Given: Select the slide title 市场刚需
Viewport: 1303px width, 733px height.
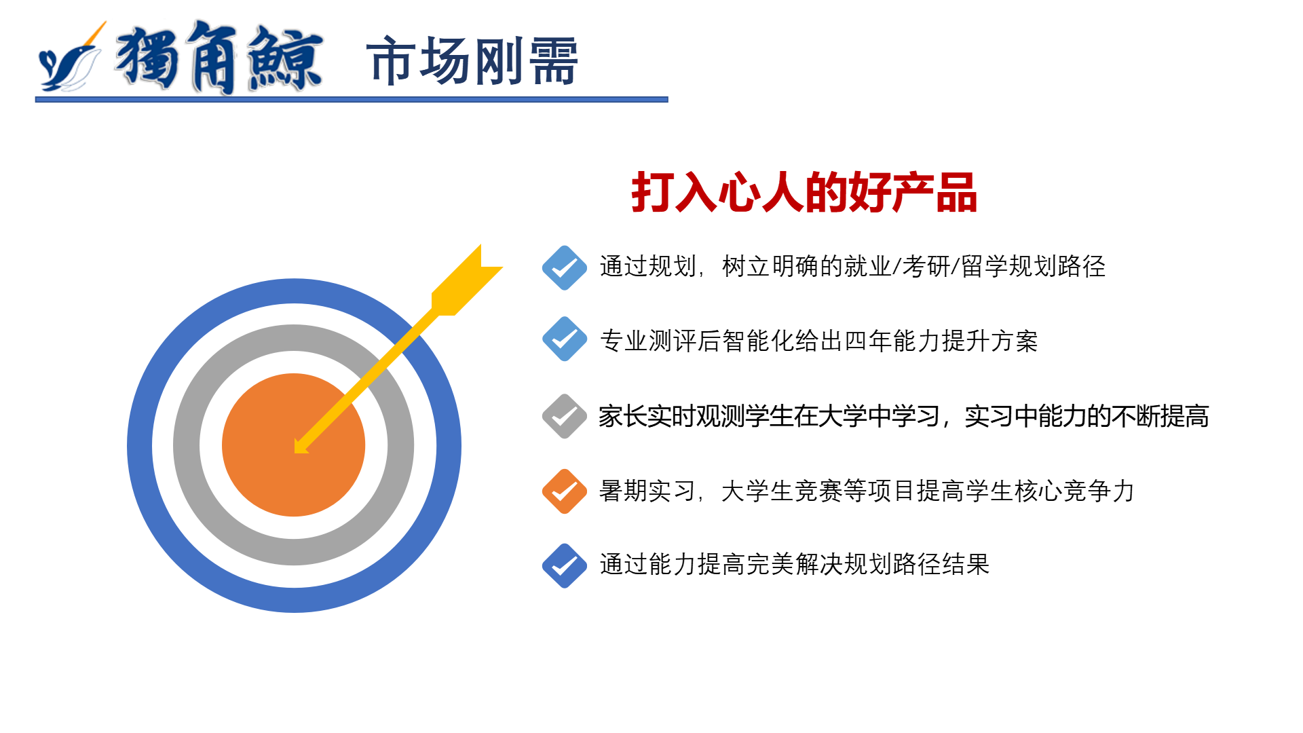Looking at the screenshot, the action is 472,62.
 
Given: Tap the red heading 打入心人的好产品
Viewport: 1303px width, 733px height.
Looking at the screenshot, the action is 804,193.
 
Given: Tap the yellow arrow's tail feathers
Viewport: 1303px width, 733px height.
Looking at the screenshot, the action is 467,280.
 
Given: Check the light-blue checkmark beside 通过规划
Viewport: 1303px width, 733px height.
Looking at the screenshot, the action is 565,267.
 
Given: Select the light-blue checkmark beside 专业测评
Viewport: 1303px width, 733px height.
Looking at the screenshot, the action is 565,339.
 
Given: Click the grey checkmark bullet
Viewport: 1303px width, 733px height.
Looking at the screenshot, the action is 565,416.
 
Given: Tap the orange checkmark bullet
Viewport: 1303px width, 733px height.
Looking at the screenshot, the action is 565,491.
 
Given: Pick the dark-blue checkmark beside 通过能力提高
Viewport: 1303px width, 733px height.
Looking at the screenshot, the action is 565,565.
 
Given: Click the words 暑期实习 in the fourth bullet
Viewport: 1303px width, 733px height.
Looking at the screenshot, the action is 647,491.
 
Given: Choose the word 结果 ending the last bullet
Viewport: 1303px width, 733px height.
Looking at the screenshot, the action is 966,564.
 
